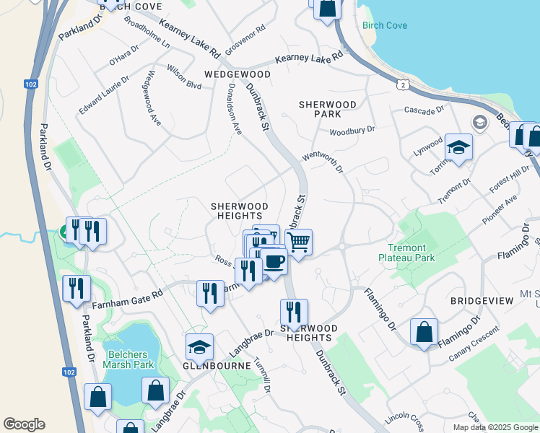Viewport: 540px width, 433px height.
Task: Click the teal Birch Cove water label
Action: pos(385,26)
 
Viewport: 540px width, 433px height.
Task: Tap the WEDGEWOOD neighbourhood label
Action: pos(238,74)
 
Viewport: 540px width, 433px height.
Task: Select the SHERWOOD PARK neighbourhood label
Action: pos(328,110)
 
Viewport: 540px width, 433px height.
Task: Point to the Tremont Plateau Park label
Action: pos(407,252)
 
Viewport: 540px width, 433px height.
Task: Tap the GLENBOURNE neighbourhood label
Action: pos(217,366)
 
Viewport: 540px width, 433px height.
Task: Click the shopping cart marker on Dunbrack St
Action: pos(299,242)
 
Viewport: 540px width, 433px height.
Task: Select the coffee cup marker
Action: pos(274,261)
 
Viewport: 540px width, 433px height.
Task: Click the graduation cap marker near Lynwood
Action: pos(458,148)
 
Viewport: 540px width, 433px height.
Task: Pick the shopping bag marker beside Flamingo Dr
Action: pos(424,333)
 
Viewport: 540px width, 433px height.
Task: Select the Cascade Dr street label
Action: pos(424,110)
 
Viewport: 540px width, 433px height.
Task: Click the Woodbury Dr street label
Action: pos(352,131)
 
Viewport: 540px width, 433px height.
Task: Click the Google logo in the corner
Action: pos(24,424)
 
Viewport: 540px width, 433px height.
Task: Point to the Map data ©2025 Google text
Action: pos(495,427)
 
